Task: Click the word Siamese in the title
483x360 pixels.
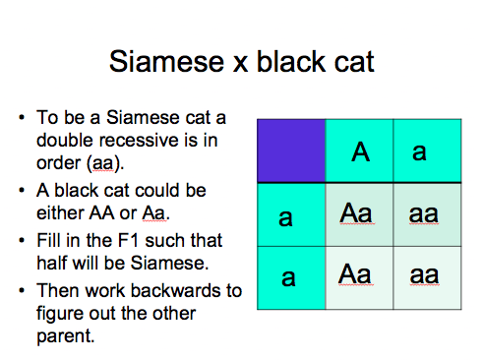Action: (x=166, y=61)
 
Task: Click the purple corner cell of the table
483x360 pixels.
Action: (x=291, y=150)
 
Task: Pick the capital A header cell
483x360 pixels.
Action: (x=359, y=150)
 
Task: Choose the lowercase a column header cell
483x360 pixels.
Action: (x=427, y=150)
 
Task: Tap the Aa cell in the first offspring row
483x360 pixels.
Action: (x=359, y=214)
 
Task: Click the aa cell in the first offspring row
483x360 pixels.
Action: (x=427, y=214)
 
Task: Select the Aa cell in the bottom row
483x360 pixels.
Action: (x=359, y=277)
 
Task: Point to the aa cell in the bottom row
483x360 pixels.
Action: (x=427, y=277)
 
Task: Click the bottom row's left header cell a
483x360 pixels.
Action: (x=291, y=277)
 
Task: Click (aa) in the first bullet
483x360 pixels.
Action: (x=105, y=163)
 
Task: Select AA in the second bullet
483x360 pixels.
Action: (x=101, y=213)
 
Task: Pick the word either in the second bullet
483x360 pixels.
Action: (x=60, y=213)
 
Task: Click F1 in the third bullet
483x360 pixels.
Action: (x=128, y=240)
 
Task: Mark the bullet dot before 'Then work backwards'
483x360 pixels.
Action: (x=22, y=291)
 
